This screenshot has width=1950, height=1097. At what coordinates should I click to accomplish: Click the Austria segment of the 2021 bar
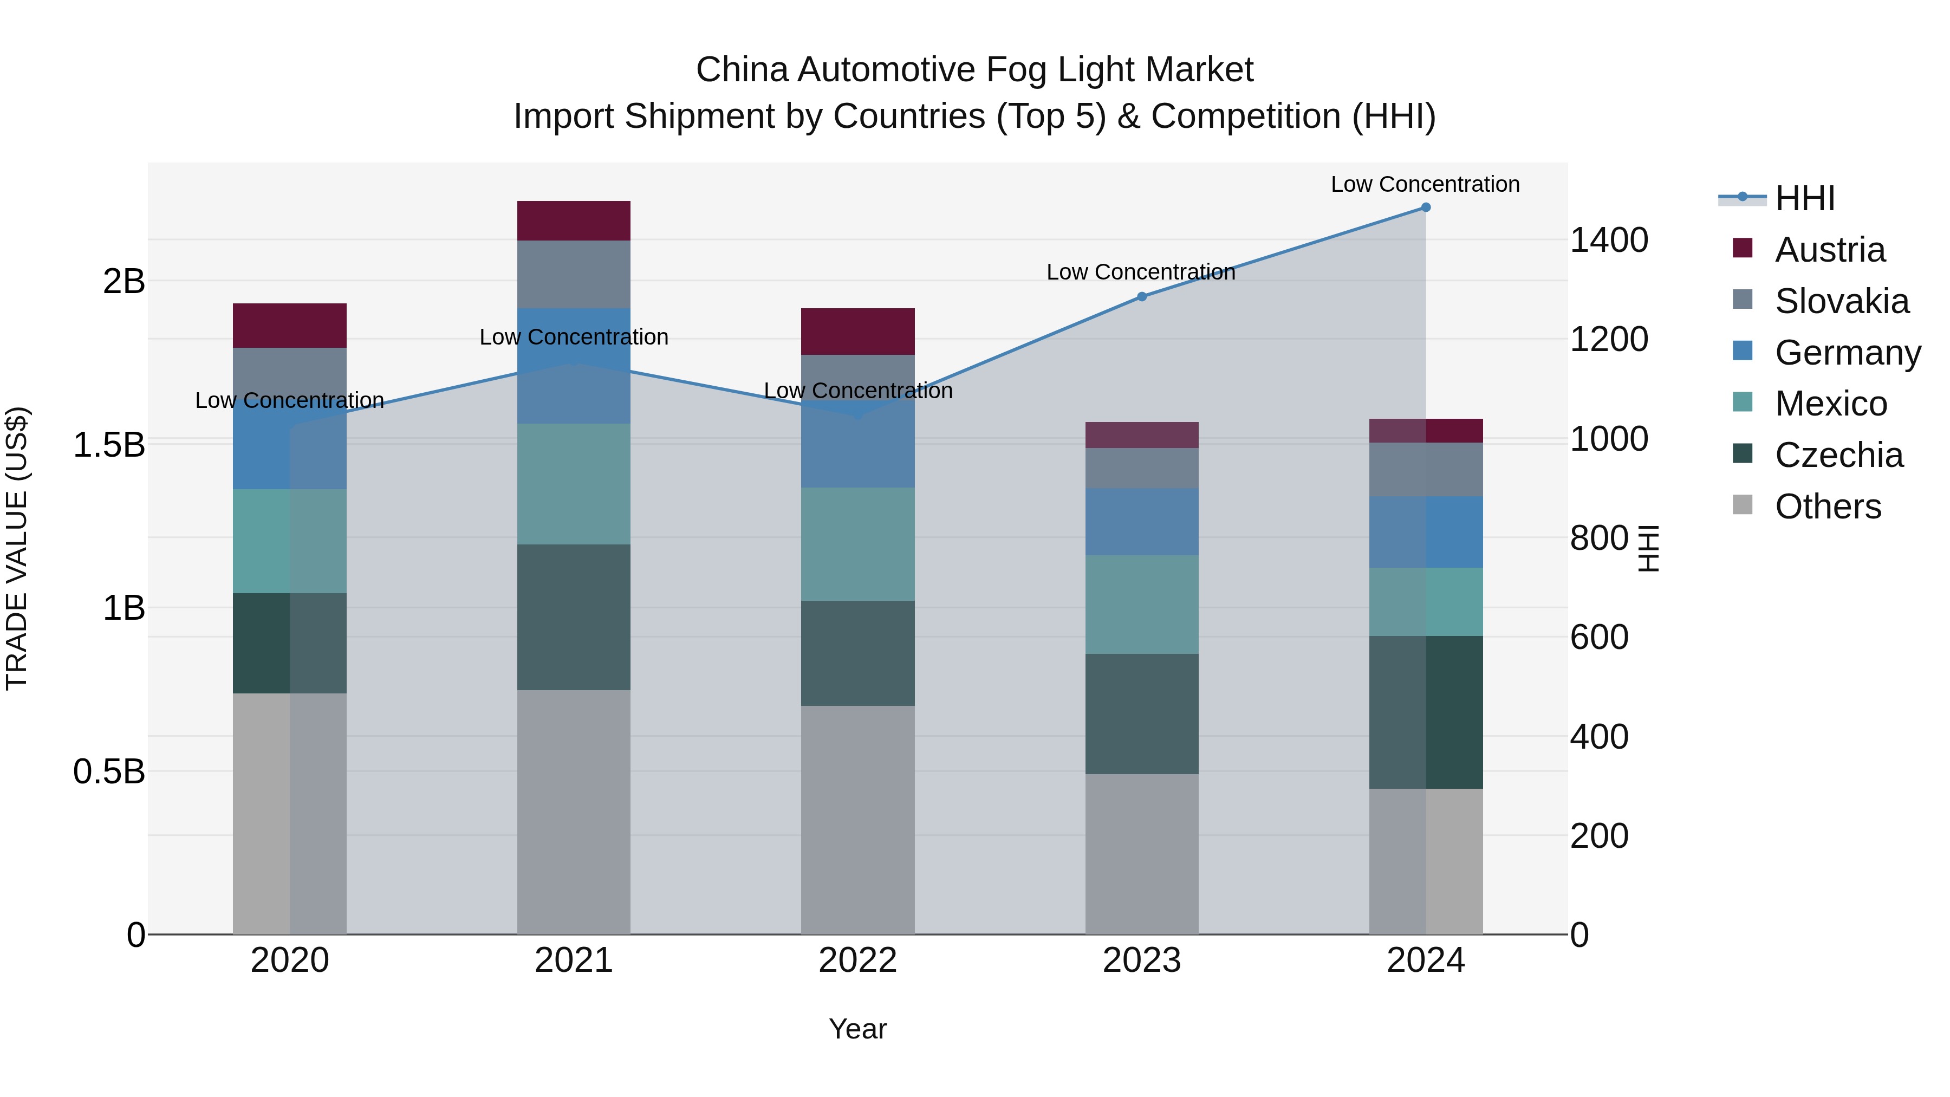click(573, 220)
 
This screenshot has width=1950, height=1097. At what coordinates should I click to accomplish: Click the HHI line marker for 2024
click(1426, 207)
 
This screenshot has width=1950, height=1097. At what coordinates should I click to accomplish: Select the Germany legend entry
click(1847, 353)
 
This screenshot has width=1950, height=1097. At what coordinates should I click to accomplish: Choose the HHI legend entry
click(1804, 198)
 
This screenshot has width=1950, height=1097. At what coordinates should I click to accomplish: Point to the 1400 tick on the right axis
click(1609, 240)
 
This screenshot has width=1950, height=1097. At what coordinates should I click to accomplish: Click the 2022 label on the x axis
click(857, 960)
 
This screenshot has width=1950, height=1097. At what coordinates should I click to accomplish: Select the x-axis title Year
click(857, 1029)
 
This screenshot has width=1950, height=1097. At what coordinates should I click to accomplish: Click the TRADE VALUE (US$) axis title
click(17, 548)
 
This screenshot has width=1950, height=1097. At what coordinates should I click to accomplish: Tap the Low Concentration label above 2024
click(1425, 184)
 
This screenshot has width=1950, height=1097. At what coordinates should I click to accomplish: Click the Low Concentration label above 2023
click(1140, 272)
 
